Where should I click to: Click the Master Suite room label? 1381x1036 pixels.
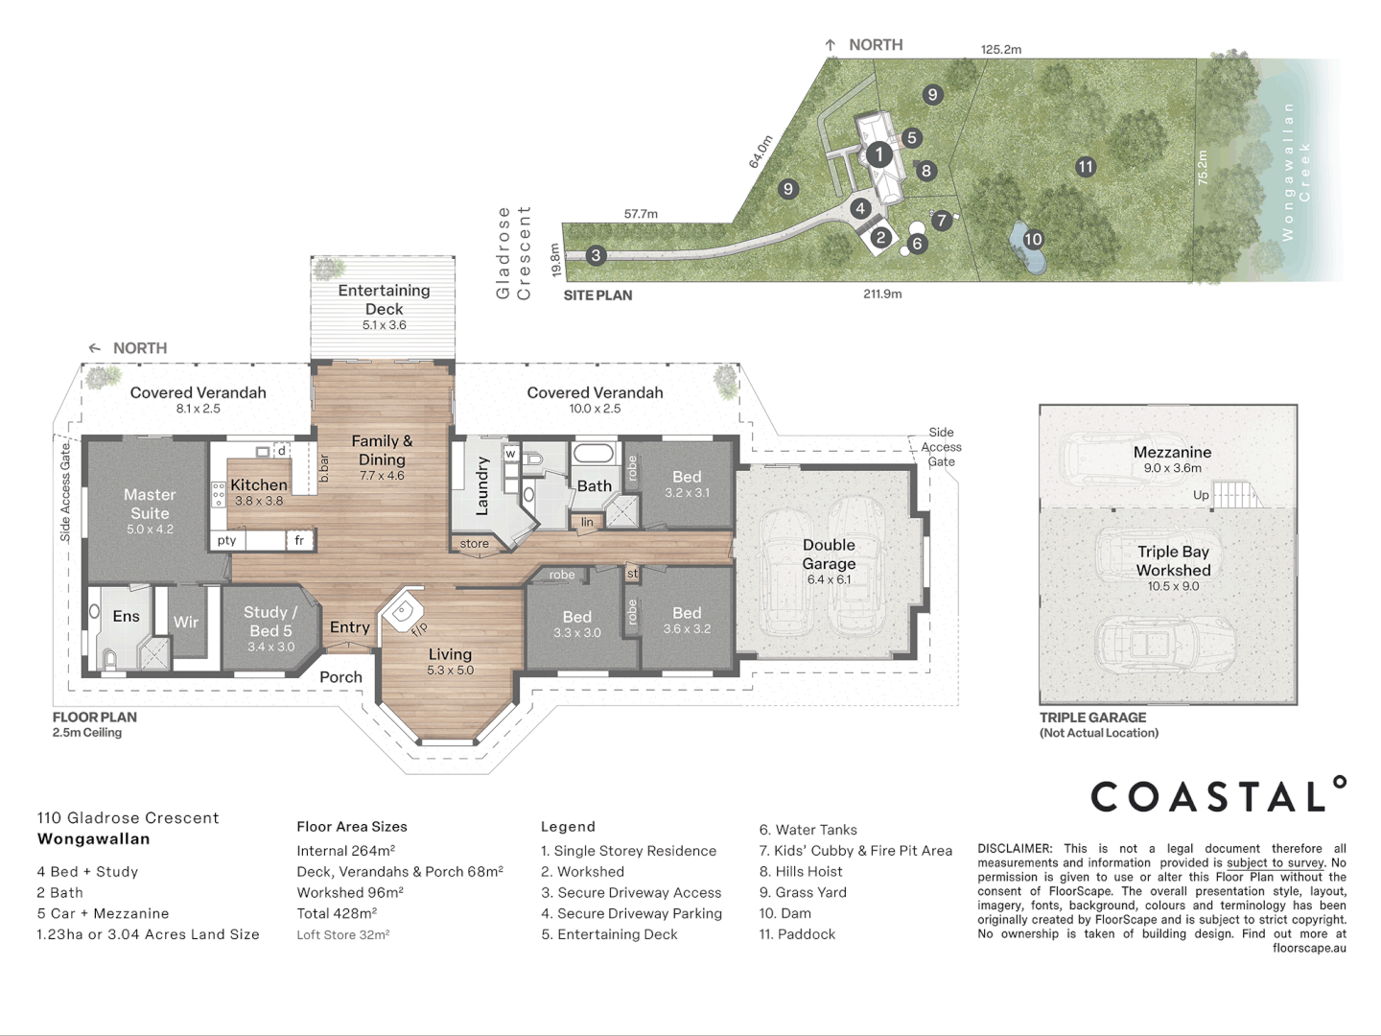(x=150, y=504)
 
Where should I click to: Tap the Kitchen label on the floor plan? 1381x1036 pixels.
(x=259, y=485)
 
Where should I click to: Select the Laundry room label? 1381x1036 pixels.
(x=482, y=486)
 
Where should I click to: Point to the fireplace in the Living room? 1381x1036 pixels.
(x=402, y=609)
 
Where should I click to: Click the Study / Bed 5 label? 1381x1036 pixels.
(x=270, y=622)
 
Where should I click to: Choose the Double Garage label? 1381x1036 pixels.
(x=829, y=554)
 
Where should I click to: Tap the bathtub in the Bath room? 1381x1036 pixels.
(x=592, y=454)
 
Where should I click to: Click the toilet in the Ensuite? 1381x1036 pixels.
(x=110, y=659)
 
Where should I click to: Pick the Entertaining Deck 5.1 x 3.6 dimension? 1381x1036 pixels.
(x=384, y=325)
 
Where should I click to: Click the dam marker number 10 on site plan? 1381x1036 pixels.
(x=1033, y=239)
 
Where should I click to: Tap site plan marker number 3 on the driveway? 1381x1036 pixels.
(x=596, y=255)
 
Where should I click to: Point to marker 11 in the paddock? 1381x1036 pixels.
(x=1086, y=167)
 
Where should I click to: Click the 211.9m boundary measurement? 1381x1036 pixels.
(x=882, y=294)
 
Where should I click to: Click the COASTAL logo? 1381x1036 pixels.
(x=1218, y=794)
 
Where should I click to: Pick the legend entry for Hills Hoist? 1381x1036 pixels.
(x=800, y=871)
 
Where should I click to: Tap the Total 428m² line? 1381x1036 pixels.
(x=337, y=913)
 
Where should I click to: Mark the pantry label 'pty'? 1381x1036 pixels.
(x=226, y=540)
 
